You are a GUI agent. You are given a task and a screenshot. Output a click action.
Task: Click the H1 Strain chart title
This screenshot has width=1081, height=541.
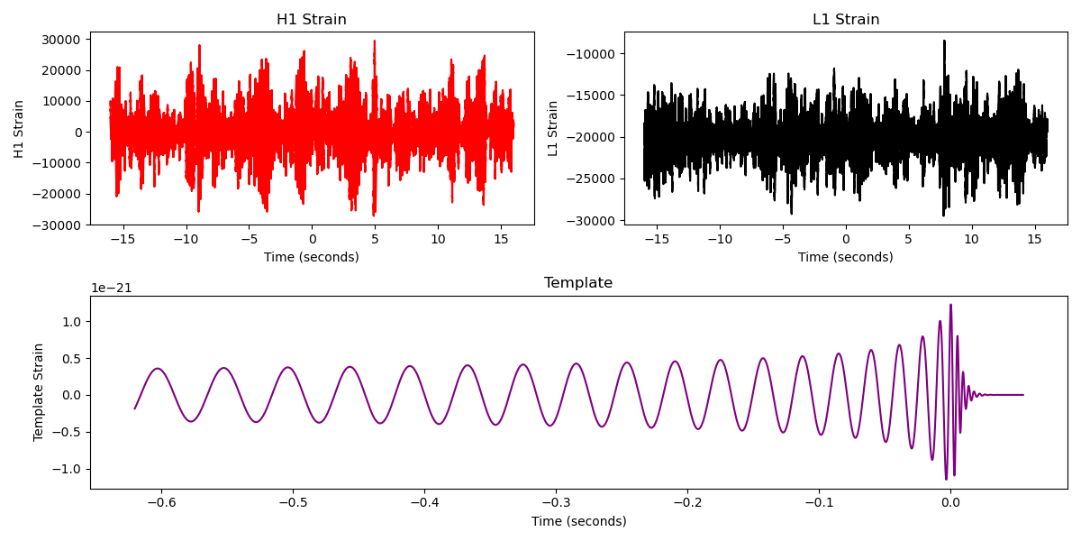[311, 20]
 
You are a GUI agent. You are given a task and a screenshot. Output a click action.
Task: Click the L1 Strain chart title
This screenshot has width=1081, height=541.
[845, 20]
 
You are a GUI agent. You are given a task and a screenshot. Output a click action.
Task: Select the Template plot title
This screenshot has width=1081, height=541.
[577, 283]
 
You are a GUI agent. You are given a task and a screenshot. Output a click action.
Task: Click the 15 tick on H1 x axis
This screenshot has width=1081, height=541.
[501, 239]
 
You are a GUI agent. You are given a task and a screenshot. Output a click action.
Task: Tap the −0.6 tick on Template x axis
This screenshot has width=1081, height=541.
[160, 503]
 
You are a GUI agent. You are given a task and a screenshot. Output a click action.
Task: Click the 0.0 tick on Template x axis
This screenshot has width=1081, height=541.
[949, 503]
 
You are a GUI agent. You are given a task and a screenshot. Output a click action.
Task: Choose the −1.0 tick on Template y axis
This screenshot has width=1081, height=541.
[69, 469]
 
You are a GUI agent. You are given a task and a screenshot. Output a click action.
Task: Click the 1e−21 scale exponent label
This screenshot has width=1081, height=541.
[111, 289]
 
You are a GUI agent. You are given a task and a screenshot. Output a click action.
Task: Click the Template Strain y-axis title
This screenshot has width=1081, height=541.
[39, 392]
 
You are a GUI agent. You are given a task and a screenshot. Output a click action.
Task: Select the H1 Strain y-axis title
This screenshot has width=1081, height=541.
[19, 128]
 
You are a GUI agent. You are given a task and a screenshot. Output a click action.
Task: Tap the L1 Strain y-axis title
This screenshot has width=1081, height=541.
[553, 128]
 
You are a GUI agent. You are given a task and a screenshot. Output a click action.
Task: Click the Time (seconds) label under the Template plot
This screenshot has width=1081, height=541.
[578, 521]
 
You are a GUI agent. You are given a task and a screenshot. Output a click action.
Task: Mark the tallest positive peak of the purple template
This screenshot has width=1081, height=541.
[950, 305]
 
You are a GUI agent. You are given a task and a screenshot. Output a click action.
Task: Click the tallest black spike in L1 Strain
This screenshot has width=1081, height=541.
[944, 41]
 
